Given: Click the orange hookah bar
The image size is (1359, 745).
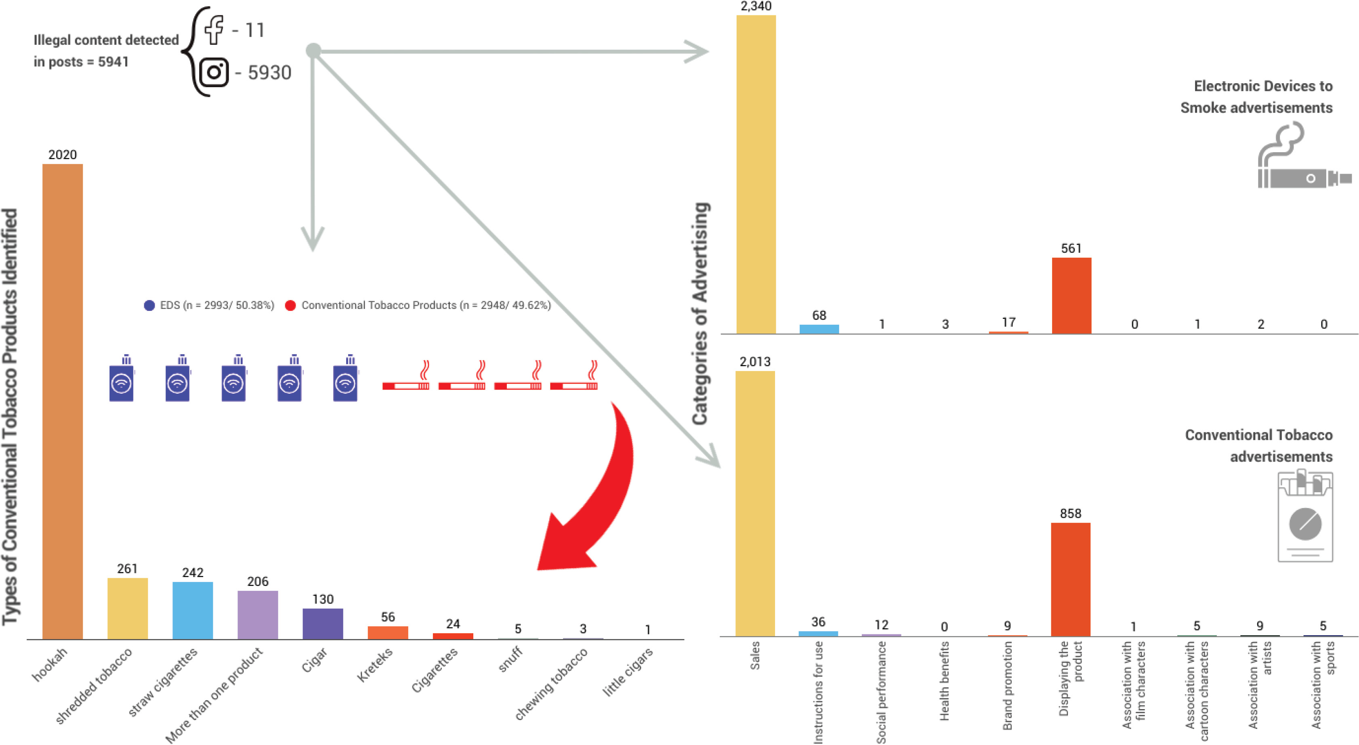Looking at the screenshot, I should click(62, 401).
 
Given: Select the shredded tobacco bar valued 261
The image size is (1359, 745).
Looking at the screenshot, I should click(127, 609).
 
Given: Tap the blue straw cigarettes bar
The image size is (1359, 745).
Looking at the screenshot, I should click(193, 611).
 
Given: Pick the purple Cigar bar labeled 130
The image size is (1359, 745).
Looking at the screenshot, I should click(322, 623).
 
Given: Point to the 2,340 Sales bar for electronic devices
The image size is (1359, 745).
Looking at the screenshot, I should click(756, 174).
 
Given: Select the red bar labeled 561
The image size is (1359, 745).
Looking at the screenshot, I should click(1071, 296).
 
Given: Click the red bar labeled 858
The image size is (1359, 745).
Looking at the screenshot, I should click(1070, 579).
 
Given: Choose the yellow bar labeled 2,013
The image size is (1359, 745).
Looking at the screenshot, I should click(754, 504).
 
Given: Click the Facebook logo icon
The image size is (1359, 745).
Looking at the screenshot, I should click(214, 29).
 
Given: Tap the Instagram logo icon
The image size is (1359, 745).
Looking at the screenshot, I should click(214, 72).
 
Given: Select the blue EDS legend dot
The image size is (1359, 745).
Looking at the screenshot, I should click(149, 306).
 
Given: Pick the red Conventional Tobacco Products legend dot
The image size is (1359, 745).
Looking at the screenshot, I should click(290, 306).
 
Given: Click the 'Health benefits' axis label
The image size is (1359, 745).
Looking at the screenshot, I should click(944, 681).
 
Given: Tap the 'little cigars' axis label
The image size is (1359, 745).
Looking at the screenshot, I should click(628, 672).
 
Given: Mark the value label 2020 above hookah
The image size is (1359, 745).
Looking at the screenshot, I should click(62, 155).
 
